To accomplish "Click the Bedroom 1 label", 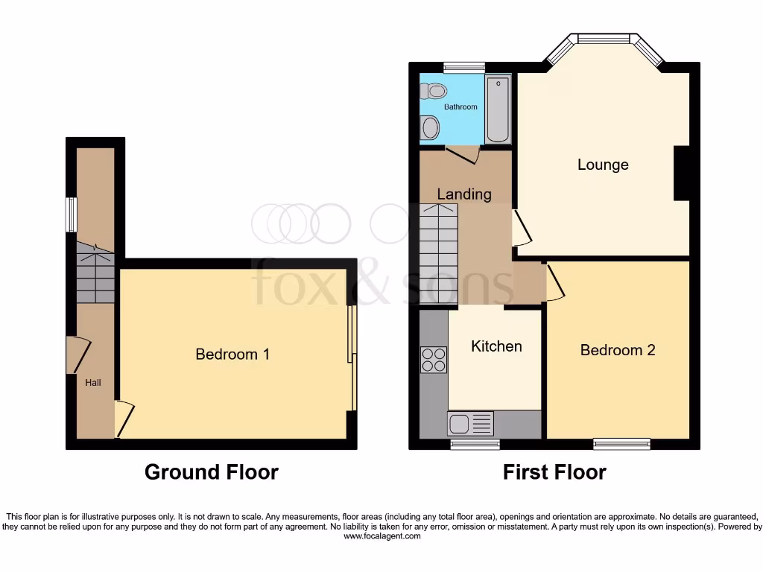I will pos(232,355).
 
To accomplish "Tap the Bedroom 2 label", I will pos(618,350).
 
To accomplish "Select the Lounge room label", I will pos(603,165).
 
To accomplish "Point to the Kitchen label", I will pos(496,346).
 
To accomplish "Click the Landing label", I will pos(464,194).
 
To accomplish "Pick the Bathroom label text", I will pos(460,107).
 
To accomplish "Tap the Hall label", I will pos(93,383).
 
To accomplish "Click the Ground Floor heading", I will pos(211,472).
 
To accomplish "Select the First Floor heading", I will pos(554,472).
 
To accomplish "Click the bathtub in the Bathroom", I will pos(498,110).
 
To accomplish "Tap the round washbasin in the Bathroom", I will pos(431,129).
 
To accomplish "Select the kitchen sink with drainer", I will pos(470,424).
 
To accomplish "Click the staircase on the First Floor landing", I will pos(439,253).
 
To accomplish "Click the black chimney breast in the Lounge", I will pos(681,174).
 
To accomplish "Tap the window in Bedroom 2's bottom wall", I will pos(621,445).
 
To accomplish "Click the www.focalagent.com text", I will pos(381,536).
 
